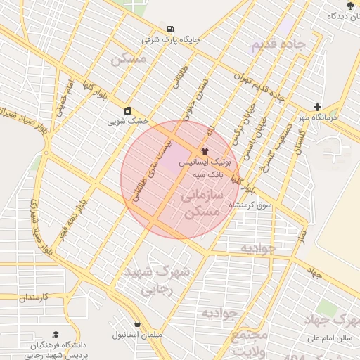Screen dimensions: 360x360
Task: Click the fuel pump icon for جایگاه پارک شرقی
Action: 171,29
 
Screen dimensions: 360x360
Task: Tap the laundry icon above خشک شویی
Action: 128,110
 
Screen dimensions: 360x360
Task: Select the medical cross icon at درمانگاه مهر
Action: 318,106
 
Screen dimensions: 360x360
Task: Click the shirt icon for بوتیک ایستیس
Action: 205,150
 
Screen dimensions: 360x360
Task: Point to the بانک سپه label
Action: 209,173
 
